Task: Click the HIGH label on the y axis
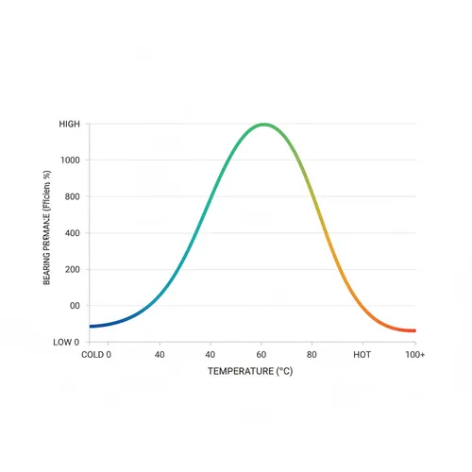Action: [x=70, y=124]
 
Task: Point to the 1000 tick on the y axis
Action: [x=71, y=160]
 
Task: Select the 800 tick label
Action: [x=73, y=197]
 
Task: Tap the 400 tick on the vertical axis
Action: [x=73, y=233]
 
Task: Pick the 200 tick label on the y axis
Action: [x=73, y=270]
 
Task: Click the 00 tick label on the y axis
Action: [x=75, y=306]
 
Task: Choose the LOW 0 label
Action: [x=68, y=343]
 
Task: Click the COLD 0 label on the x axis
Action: [x=96, y=355]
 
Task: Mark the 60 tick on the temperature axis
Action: [x=261, y=355]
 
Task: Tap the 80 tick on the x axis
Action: [x=312, y=355]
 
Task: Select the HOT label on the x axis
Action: [x=362, y=355]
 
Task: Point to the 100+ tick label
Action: [x=414, y=355]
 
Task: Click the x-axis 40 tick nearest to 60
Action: [x=210, y=355]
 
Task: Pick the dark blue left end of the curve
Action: [x=93, y=326]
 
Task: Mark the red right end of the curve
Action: [x=413, y=330]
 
